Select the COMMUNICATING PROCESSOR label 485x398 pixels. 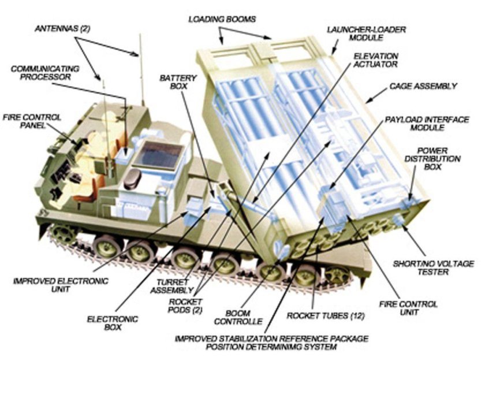click(41, 72)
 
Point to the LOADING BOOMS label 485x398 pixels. click(222, 20)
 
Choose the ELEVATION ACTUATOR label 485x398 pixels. click(375, 59)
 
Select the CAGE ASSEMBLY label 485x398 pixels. click(423, 86)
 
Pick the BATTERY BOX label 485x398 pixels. click(179, 82)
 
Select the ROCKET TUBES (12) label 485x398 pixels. click(318, 317)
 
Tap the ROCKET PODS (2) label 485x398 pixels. click(185, 306)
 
